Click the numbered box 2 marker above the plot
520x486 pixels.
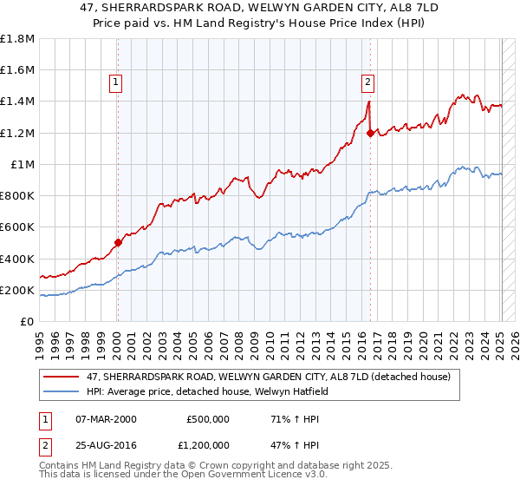(x=367, y=82)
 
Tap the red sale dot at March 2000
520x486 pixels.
(x=118, y=243)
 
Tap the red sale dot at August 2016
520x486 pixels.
(x=370, y=133)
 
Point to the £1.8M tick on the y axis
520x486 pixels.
(x=17, y=39)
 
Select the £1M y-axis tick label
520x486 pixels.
(x=23, y=165)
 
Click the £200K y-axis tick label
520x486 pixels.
(x=17, y=290)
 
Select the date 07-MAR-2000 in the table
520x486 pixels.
(x=105, y=418)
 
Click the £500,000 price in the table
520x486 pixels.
(x=208, y=418)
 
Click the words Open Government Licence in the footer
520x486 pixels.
(x=218, y=476)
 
